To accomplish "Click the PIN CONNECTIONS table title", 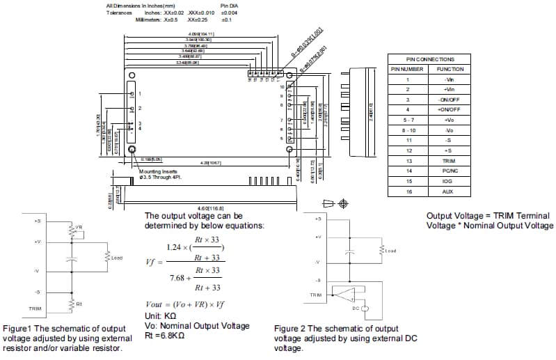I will point(430,59).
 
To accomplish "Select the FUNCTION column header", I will point(450,69).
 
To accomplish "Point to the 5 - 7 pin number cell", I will point(408,120).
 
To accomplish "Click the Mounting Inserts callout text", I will point(158,171).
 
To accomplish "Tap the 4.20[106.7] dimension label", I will point(210,163).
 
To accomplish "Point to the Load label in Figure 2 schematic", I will point(390,251).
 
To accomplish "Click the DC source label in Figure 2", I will point(355,307).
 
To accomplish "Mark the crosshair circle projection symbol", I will point(342,203).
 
